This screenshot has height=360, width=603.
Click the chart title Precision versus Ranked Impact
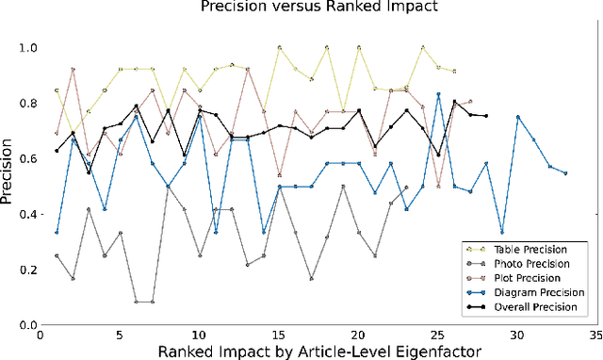coord(315,8)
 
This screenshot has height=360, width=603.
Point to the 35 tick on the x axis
coord(595,334)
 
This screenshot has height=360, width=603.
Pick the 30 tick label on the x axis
coord(516,334)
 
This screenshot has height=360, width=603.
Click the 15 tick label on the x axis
coord(278,334)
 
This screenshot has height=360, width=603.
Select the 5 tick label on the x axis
coord(120,334)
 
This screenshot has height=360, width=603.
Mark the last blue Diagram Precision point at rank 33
coord(565,173)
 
